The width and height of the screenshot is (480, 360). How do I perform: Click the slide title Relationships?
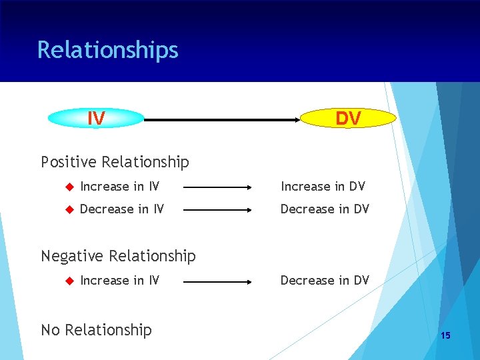tap(108, 50)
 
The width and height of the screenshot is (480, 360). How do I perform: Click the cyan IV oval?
tap(97, 119)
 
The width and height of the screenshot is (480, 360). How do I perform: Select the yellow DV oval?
tap(348, 119)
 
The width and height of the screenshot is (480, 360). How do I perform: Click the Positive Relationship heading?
tap(115, 162)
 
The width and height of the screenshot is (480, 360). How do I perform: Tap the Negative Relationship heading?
tap(118, 256)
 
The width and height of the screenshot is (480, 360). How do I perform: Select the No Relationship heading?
tap(96, 330)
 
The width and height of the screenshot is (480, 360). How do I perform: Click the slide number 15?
tap(445, 335)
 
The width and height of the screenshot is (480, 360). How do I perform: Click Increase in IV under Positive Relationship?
tap(119, 187)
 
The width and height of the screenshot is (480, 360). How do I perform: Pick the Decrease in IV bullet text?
tap(121, 209)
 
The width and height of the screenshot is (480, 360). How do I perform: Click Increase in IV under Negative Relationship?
tap(119, 281)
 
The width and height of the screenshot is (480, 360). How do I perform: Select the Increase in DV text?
tap(323, 187)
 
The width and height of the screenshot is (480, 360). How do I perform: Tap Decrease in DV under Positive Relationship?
tap(325, 209)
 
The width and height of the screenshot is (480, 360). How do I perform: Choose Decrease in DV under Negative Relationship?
tap(325, 281)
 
